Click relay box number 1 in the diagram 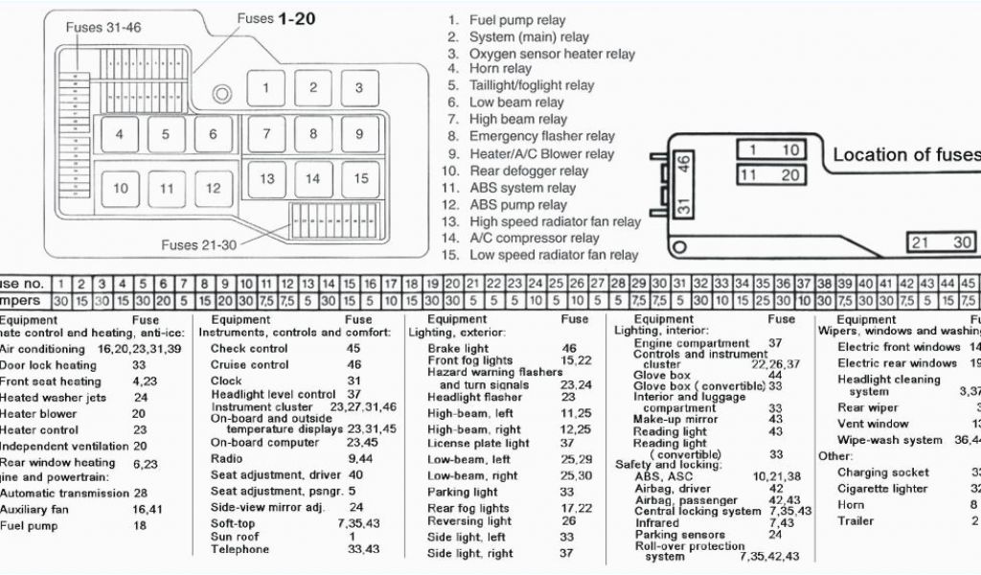pyautogui.click(x=266, y=88)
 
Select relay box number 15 pyautogui.click(x=360, y=178)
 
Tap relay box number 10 pyautogui.click(x=120, y=189)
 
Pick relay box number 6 pyautogui.click(x=214, y=135)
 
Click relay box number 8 pyautogui.click(x=313, y=134)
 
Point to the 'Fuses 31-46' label pyautogui.click(x=103, y=28)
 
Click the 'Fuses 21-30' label pyautogui.click(x=198, y=245)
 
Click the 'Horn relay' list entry pyautogui.click(x=500, y=68)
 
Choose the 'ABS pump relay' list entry pyautogui.click(x=517, y=204)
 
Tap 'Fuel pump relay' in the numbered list pyautogui.click(x=517, y=20)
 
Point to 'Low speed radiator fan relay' pyautogui.click(x=553, y=255)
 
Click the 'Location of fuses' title pyautogui.click(x=905, y=154)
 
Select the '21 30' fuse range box pyautogui.click(x=942, y=242)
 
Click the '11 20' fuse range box pyautogui.click(x=770, y=175)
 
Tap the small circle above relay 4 pyautogui.click(x=222, y=94)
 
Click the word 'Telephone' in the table pyautogui.click(x=240, y=549)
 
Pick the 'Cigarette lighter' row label pyautogui.click(x=882, y=489)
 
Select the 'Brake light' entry pyautogui.click(x=458, y=349)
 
